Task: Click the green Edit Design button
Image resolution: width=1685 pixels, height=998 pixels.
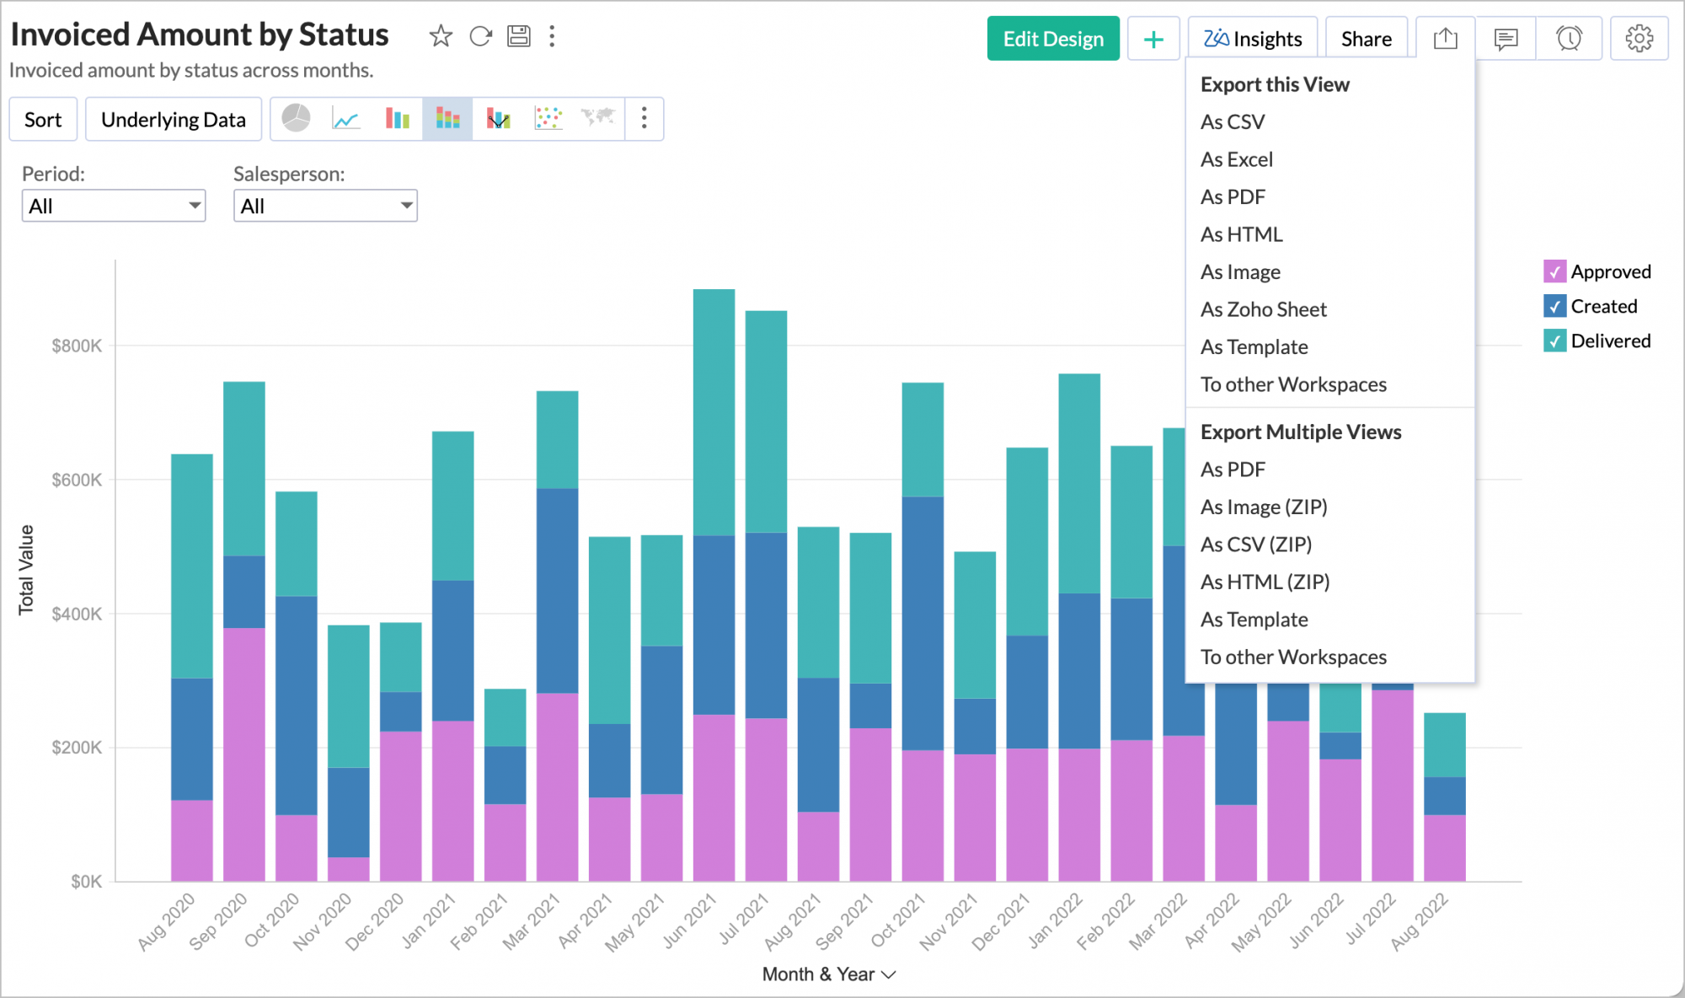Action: tap(1052, 39)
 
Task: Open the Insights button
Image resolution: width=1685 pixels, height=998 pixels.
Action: tap(1252, 39)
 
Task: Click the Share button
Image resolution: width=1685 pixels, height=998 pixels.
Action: tap(1366, 39)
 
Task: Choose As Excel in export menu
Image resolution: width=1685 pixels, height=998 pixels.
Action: tap(1236, 159)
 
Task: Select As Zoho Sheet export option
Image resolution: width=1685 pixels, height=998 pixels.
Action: tap(1263, 309)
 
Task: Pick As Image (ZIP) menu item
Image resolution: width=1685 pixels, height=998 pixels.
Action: tap(1263, 507)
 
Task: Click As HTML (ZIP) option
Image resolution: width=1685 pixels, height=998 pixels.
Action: tap(1265, 582)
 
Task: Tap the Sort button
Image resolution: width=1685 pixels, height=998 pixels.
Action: tap(43, 120)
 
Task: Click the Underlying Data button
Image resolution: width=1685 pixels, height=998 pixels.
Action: tap(173, 120)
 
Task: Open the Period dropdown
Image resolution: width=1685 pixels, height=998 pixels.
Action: tap(114, 206)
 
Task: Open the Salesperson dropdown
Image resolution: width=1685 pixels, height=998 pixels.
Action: tap(325, 206)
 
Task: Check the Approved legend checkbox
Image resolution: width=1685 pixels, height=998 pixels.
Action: tap(1554, 271)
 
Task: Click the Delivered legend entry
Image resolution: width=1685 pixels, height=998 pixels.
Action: tap(1609, 341)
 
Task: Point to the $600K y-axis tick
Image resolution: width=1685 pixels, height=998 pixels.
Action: tap(77, 480)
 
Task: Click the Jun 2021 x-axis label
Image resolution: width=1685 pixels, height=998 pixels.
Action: tap(689, 921)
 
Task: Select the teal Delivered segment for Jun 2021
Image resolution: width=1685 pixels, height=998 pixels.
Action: tap(714, 413)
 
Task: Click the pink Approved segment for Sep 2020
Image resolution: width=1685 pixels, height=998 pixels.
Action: tap(244, 754)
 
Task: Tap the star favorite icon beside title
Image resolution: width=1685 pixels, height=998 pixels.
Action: tap(441, 36)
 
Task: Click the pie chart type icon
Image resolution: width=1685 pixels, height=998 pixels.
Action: tap(296, 119)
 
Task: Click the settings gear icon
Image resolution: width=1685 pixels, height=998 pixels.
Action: tap(1639, 39)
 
